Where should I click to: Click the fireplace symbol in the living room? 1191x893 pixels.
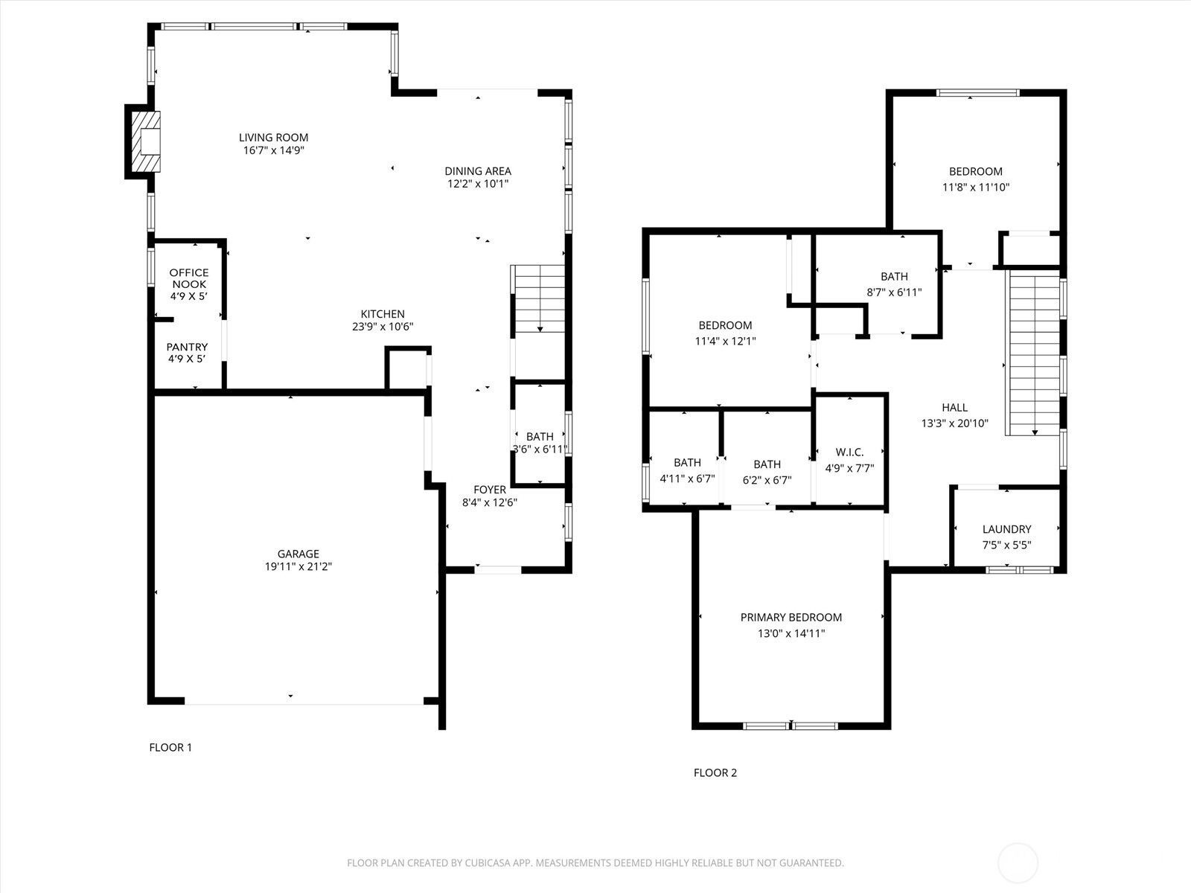pos(146,141)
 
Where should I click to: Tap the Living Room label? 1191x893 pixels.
pos(273,138)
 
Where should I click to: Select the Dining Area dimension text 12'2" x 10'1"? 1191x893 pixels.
pos(478,184)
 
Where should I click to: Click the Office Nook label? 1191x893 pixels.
pos(189,278)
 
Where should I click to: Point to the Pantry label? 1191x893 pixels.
pos(187,347)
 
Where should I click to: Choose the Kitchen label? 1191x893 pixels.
pos(383,314)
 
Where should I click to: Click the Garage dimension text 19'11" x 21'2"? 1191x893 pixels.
pos(298,566)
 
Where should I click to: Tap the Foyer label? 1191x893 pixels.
pos(489,490)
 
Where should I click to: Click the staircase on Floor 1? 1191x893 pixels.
pos(540,298)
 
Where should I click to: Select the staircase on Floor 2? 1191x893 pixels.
pos(1034,353)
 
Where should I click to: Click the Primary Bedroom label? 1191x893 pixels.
pos(791,617)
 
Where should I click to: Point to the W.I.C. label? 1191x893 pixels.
pos(850,452)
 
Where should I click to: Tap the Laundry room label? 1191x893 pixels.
pos(1006,529)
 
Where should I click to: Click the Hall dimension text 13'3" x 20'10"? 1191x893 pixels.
pos(954,423)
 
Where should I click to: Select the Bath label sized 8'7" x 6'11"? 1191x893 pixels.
pos(894,277)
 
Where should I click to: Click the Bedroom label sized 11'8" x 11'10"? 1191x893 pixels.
pos(976,171)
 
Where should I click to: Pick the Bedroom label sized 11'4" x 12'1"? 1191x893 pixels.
pos(726,325)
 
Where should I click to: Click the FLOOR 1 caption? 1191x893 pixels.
pos(170,747)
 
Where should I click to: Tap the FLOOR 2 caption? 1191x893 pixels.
pos(715,772)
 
